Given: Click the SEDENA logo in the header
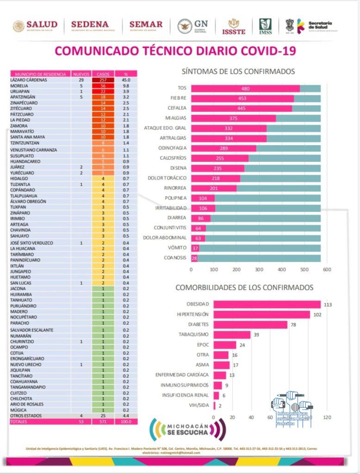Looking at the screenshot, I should point(90,26).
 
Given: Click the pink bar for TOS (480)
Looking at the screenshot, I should point(245,88).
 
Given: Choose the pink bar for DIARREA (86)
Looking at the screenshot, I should point(200,218).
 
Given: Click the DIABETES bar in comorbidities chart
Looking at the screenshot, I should point(250,324).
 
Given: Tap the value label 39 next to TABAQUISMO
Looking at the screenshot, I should point(255,335).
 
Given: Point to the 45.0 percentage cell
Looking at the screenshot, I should point(125,80).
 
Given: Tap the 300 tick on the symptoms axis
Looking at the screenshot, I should point(259,269).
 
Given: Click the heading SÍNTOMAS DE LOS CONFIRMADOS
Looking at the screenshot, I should point(238,71).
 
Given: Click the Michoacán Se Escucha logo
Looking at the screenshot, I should point(187,430).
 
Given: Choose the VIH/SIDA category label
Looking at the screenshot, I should point(199,405).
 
